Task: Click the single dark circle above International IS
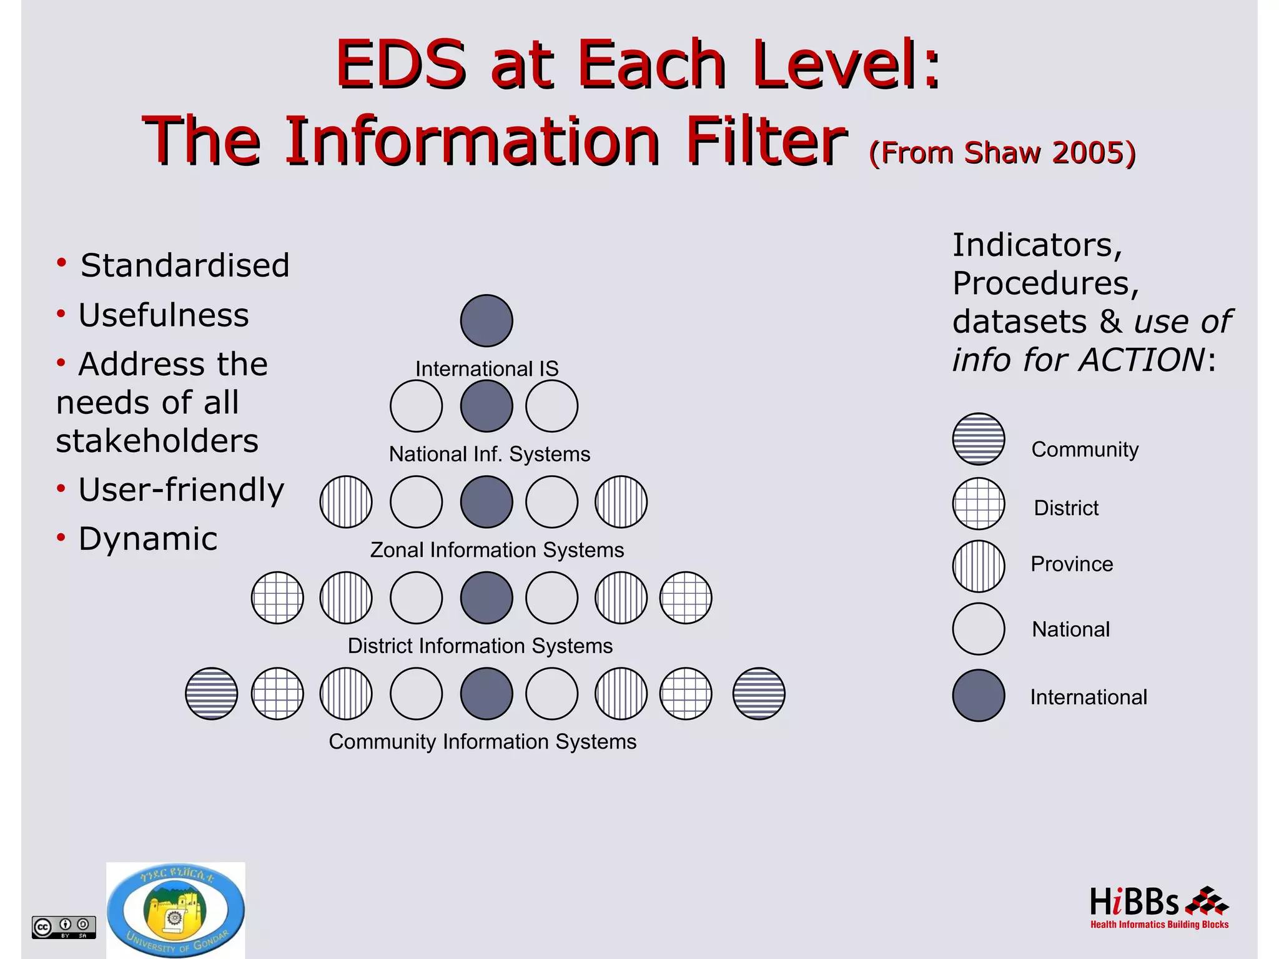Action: (486, 321)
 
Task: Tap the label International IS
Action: (486, 369)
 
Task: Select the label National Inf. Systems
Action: (490, 454)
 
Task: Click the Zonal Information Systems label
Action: (497, 550)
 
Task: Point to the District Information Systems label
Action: (480, 646)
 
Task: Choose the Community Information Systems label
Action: (483, 742)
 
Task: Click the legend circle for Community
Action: (979, 439)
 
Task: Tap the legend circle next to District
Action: (979, 504)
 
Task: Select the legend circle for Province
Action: (979, 566)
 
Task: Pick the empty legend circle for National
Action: (979, 629)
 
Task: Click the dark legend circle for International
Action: (979, 696)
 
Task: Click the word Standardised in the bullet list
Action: (185, 265)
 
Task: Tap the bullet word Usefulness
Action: (164, 315)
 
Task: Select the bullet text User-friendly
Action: (181, 489)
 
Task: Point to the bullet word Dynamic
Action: (148, 539)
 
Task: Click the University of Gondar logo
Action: (175, 910)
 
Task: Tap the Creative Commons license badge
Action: (64, 927)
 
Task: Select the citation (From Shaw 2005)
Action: (1002, 153)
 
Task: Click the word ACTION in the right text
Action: (1142, 360)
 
